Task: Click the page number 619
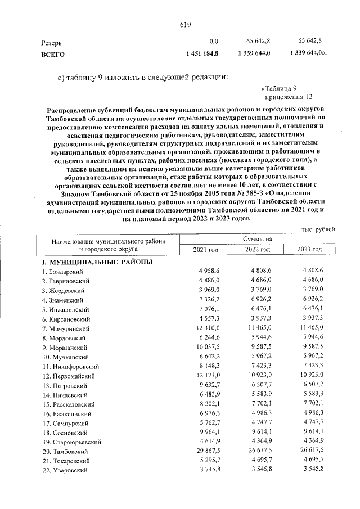(x=186, y=24)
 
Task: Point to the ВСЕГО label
(x=53, y=54)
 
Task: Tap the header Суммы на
(x=258, y=240)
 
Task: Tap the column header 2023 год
(x=309, y=250)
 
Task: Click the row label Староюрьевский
(x=70, y=442)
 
